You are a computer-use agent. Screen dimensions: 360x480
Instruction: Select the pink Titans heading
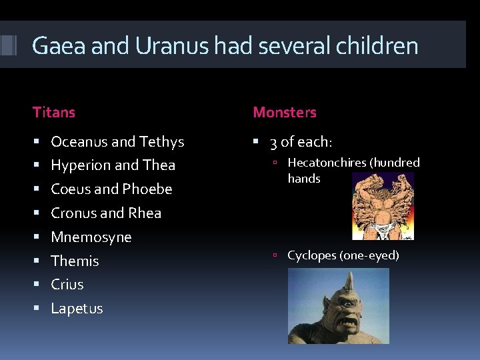click(x=54, y=113)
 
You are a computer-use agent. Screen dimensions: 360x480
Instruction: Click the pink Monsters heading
click(x=285, y=113)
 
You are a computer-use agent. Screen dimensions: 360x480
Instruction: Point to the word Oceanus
click(x=79, y=141)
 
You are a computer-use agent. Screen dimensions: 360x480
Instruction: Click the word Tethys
click(x=162, y=142)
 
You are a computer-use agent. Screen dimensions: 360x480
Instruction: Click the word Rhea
click(x=145, y=213)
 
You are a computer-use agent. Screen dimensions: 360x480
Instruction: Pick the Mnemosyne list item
click(x=91, y=237)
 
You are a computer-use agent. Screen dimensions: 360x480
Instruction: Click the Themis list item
click(x=75, y=261)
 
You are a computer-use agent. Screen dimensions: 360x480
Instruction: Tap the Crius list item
click(x=67, y=285)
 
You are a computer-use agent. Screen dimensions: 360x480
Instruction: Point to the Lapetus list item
click(x=77, y=309)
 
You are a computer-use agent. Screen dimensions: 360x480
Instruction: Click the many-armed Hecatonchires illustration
click(x=383, y=205)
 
